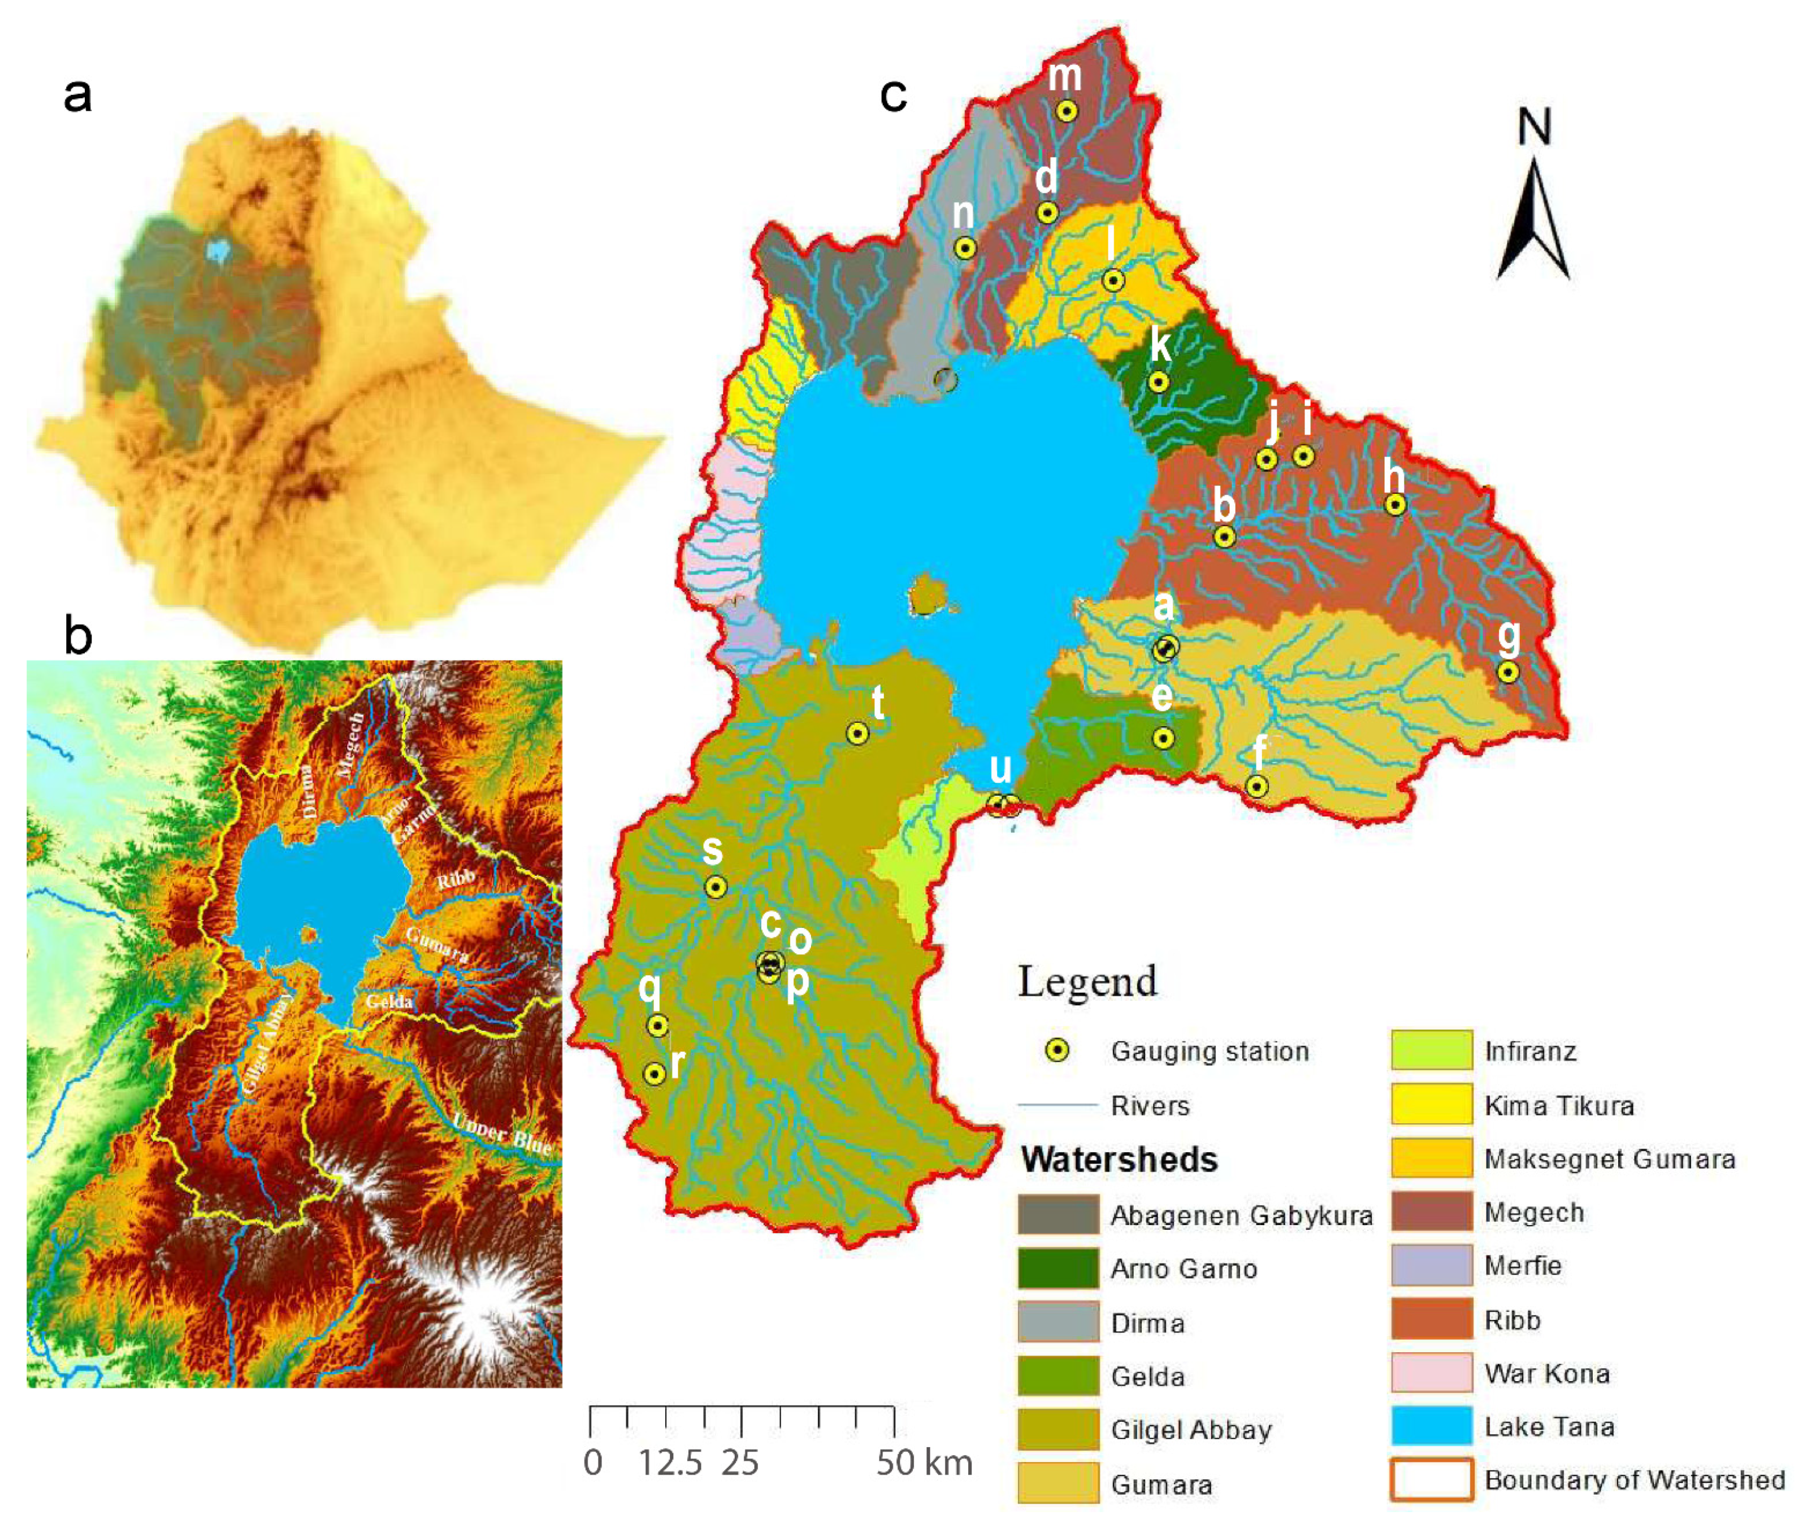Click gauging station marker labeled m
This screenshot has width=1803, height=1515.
pyautogui.click(x=1066, y=112)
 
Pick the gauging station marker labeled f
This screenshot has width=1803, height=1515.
pyautogui.click(x=1256, y=786)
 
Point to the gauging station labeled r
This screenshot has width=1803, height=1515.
pyautogui.click(x=655, y=1074)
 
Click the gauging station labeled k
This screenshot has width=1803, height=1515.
pyautogui.click(x=1159, y=382)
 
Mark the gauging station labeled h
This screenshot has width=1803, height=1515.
pyautogui.click(x=1395, y=504)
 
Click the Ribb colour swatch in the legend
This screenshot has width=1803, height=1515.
pyautogui.click(x=1431, y=1319)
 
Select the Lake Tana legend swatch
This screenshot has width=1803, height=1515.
pyautogui.click(x=1431, y=1426)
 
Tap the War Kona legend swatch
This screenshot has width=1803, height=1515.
pyautogui.click(x=1431, y=1373)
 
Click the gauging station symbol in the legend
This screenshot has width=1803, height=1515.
pyautogui.click(x=1057, y=1051)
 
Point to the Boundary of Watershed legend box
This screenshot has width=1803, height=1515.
pyautogui.click(x=1431, y=1479)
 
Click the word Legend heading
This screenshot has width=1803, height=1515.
pyautogui.click(x=1087, y=982)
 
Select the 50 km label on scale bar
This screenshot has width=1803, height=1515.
pyautogui.click(x=924, y=1462)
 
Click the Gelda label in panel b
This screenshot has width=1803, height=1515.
pyautogui.click(x=388, y=1001)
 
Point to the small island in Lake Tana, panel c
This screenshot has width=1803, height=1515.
pyautogui.click(x=927, y=594)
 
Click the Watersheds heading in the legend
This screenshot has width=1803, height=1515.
pyautogui.click(x=1119, y=1160)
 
